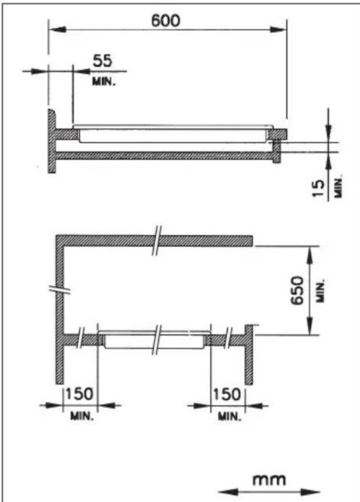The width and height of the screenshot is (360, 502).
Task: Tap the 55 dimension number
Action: (104, 61)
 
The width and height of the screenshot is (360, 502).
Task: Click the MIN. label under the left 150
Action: (79, 416)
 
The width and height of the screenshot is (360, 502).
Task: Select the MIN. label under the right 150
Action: (228, 416)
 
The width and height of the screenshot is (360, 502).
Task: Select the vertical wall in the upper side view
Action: (51, 140)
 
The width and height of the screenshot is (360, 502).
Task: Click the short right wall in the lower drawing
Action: (248, 354)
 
